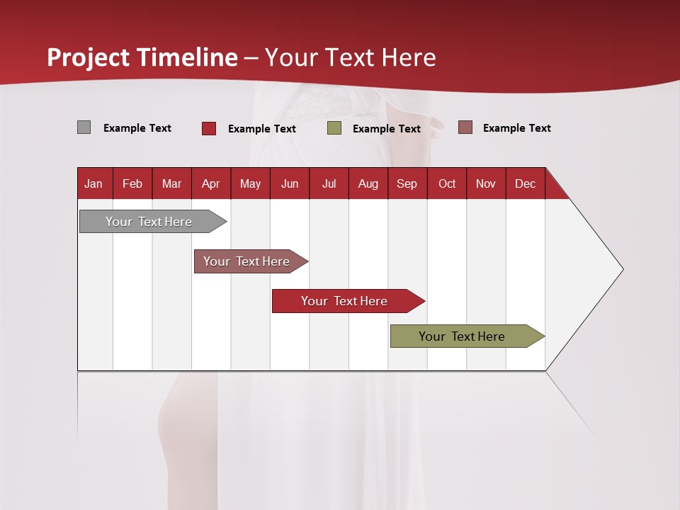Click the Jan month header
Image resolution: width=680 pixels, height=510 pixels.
[94, 183]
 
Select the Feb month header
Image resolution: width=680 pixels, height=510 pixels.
[132, 183]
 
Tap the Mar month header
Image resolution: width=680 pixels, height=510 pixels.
[171, 183]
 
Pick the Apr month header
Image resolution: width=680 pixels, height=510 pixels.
[211, 183]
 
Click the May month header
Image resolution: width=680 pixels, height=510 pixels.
[250, 183]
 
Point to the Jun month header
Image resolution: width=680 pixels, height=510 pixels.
[290, 183]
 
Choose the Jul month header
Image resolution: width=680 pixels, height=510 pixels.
[329, 183]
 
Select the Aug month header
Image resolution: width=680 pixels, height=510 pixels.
[368, 183]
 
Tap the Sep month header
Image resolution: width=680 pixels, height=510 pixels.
[407, 183]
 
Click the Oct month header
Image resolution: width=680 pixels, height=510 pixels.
[447, 183]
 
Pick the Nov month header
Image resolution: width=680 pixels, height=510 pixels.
[486, 183]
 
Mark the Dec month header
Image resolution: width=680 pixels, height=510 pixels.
[526, 183]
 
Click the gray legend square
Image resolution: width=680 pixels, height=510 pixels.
[84, 127]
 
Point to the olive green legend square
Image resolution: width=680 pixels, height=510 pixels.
[334, 128]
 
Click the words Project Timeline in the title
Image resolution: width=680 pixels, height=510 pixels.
[142, 57]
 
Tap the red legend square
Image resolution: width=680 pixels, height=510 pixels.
[209, 128]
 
